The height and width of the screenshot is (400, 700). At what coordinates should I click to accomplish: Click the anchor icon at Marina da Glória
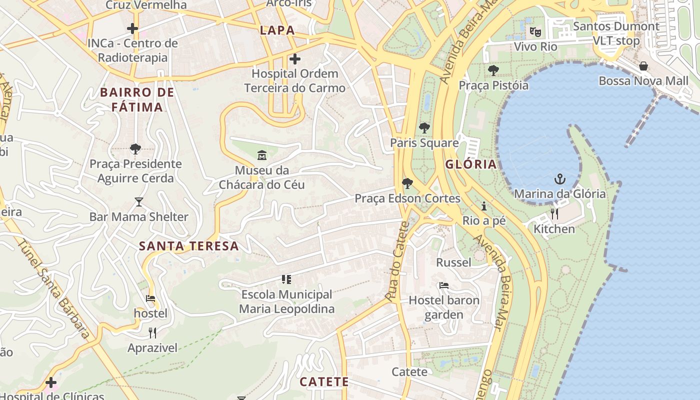[560, 179]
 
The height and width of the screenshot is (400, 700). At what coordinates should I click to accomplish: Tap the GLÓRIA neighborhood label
[471, 164]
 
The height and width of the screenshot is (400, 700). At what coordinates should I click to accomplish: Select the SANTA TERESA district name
[188, 246]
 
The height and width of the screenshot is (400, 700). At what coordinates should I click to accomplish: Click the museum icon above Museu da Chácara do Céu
[261, 155]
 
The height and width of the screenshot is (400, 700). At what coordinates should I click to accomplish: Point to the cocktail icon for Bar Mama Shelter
[138, 202]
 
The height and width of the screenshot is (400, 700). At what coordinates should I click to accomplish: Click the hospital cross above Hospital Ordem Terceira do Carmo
[295, 59]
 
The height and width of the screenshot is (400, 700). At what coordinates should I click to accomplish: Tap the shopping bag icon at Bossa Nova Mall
[643, 66]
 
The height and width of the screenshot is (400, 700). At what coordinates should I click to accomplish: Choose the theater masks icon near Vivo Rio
[535, 32]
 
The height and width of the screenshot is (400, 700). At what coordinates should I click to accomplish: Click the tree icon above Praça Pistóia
[493, 70]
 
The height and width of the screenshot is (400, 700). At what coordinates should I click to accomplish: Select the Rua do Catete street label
[397, 261]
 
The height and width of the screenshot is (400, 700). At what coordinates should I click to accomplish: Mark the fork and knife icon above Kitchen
[554, 214]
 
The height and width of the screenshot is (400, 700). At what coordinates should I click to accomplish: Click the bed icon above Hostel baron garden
[443, 286]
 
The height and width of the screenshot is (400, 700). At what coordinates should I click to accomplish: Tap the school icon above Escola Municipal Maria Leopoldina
[286, 279]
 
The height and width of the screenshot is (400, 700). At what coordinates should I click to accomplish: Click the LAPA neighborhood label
[277, 30]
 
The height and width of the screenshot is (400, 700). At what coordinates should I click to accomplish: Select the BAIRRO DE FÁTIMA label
[137, 99]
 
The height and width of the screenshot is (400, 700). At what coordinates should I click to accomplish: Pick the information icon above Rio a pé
[483, 206]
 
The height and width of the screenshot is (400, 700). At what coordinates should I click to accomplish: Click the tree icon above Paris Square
[424, 128]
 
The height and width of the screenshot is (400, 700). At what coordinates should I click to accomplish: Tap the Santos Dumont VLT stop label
[616, 33]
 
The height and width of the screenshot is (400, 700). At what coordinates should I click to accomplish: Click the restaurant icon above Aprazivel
[152, 333]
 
